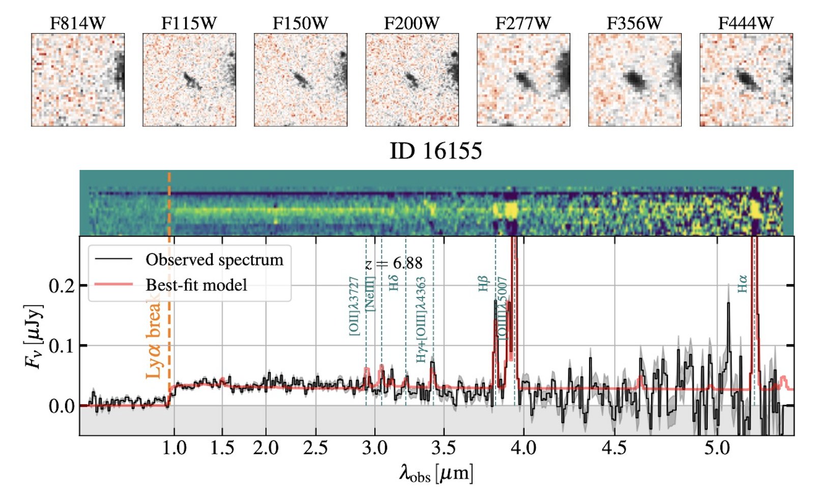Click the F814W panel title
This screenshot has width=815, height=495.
click(x=77, y=23)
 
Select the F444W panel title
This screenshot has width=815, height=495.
click(x=746, y=23)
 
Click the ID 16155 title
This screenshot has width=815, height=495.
click(x=435, y=151)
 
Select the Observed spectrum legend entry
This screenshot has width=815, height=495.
click(x=214, y=260)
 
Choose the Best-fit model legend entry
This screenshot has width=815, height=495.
click(x=196, y=285)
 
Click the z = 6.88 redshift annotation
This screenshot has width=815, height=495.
click(x=394, y=263)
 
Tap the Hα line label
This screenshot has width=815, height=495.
click(x=742, y=284)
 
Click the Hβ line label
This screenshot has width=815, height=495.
click(x=483, y=284)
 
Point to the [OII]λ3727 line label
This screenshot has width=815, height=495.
click(x=354, y=306)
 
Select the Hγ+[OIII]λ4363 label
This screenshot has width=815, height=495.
click(x=421, y=320)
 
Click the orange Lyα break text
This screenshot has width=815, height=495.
click(x=154, y=339)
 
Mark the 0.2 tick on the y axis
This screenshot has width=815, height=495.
click(x=61, y=286)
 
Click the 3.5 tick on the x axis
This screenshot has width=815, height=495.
click(x=443, y=448)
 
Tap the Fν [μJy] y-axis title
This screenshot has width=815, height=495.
click(x=34, y=336)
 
